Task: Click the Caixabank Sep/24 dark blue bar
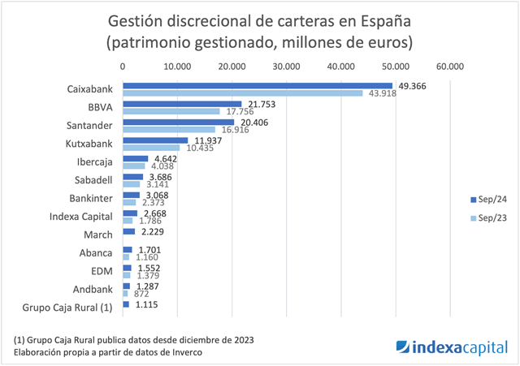257,86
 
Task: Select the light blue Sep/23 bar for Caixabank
242,93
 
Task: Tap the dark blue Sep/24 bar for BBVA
182,104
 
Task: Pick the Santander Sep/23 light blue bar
169,129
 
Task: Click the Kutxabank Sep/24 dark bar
155,140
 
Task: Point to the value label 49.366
411,85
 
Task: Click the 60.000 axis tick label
449,67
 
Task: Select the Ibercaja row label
94,161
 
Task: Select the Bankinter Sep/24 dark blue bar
131,195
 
